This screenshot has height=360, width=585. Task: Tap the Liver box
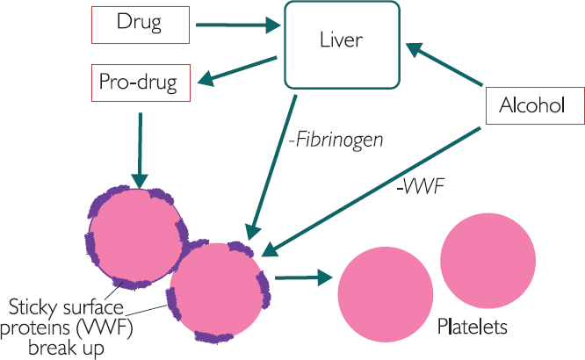coord(340,45)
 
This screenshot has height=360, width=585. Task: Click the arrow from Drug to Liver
coord(236,25)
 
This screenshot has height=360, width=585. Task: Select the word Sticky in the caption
coord(37,306)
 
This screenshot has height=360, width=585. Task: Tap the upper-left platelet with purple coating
coord(137,236)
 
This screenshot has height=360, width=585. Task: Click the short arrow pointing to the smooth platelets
coord(303,277)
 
